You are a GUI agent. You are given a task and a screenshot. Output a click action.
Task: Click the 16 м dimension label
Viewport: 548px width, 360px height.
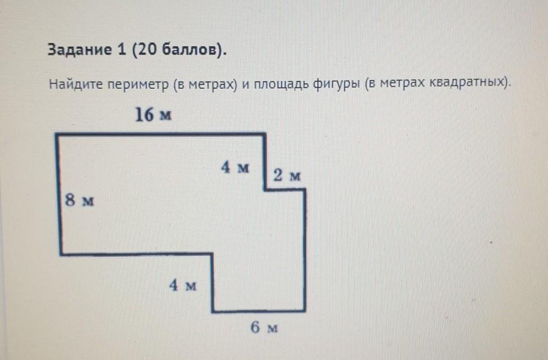(153, 115)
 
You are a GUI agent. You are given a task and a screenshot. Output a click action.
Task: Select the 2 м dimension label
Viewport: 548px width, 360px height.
(288, 175)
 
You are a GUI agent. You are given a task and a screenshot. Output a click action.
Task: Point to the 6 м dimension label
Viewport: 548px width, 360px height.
(264, 328)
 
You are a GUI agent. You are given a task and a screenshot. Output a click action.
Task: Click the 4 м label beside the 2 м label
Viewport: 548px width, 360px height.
(235, 168)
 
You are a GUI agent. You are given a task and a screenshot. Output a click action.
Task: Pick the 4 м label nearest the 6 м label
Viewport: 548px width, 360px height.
(183, 286)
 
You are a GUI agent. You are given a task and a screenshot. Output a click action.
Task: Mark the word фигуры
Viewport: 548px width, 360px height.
(341, 85)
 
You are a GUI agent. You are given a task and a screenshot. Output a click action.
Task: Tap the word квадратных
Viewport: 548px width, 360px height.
(467, 84)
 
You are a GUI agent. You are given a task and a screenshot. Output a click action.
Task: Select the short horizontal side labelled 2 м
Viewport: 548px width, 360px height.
(285, 190)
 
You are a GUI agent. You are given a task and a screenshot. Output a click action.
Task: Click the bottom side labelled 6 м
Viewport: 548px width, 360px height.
(258, 311)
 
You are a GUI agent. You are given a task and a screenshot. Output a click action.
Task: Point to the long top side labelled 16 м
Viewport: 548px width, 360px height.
(159, 135)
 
